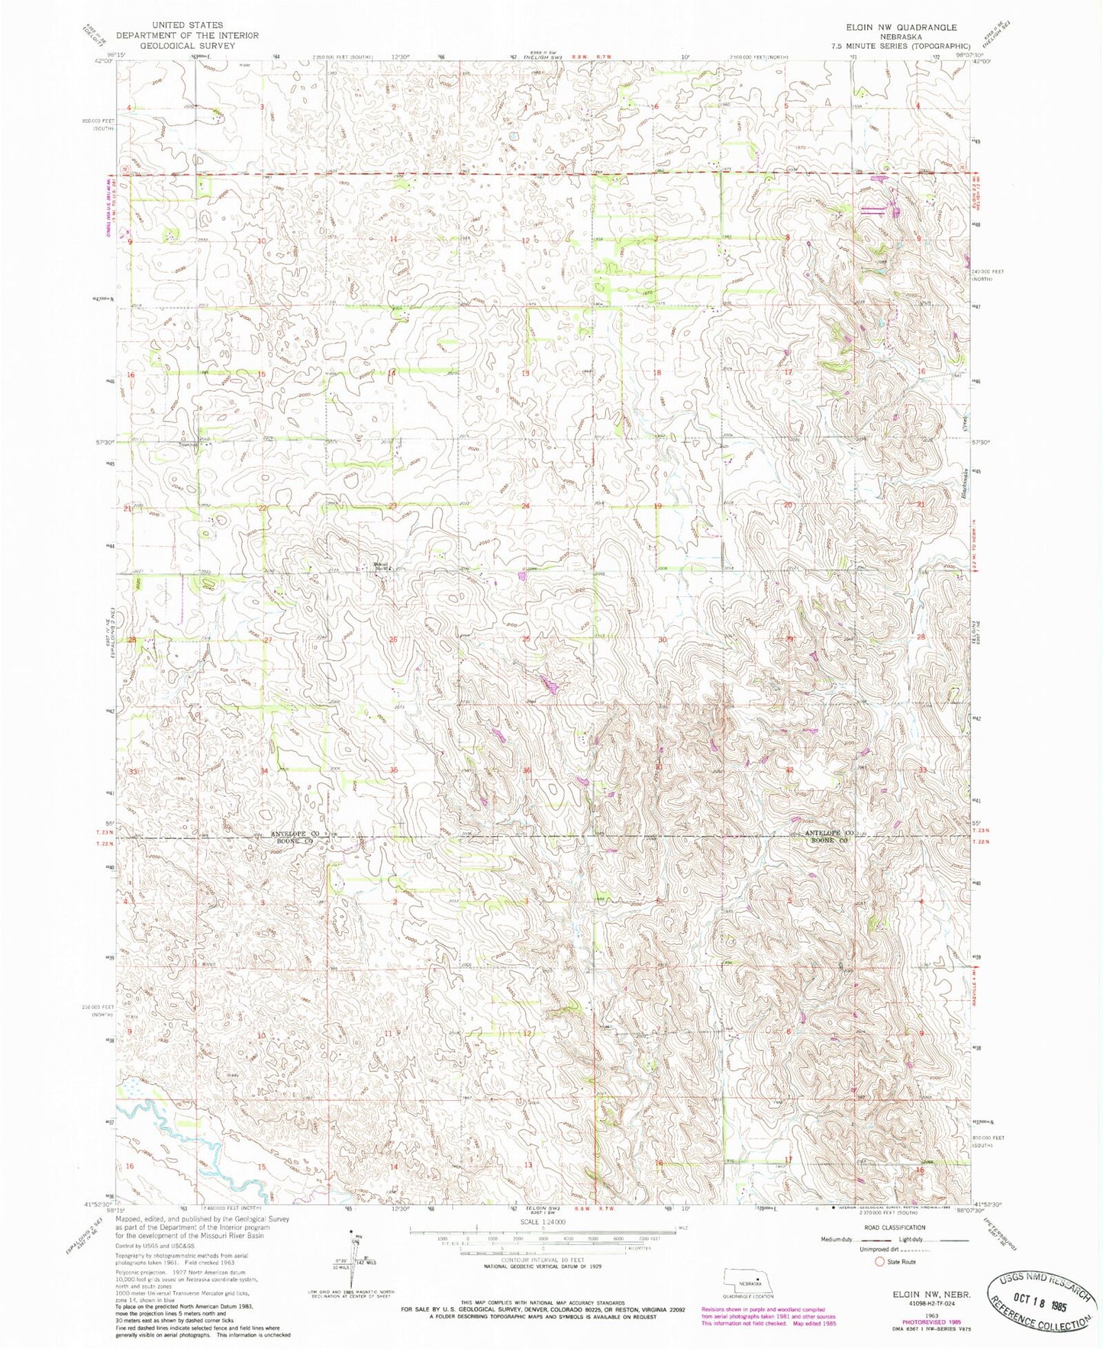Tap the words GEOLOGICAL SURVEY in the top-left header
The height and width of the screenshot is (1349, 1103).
coord(187,46)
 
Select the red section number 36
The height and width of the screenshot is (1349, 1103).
coord(527,771)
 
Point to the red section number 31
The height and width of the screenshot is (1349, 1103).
coord(659,766)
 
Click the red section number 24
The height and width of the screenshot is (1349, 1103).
coord(525,506)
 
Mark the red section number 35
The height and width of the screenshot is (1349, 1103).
coord(394,770)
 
